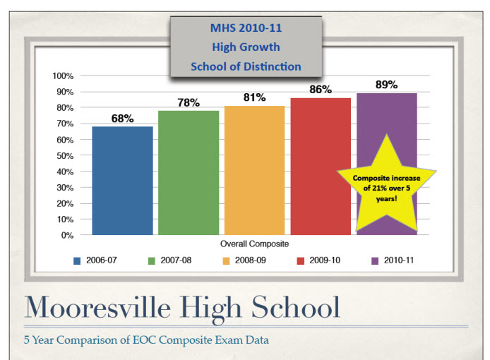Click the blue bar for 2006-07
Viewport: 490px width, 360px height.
coord(122,180)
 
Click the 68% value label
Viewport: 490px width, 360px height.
coord(122,119)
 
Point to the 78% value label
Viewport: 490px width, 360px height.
coord(189,102)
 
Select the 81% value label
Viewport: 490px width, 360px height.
coord(255,97)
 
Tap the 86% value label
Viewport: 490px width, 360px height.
coord(321,90)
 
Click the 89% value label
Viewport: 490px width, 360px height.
coord(386,85)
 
